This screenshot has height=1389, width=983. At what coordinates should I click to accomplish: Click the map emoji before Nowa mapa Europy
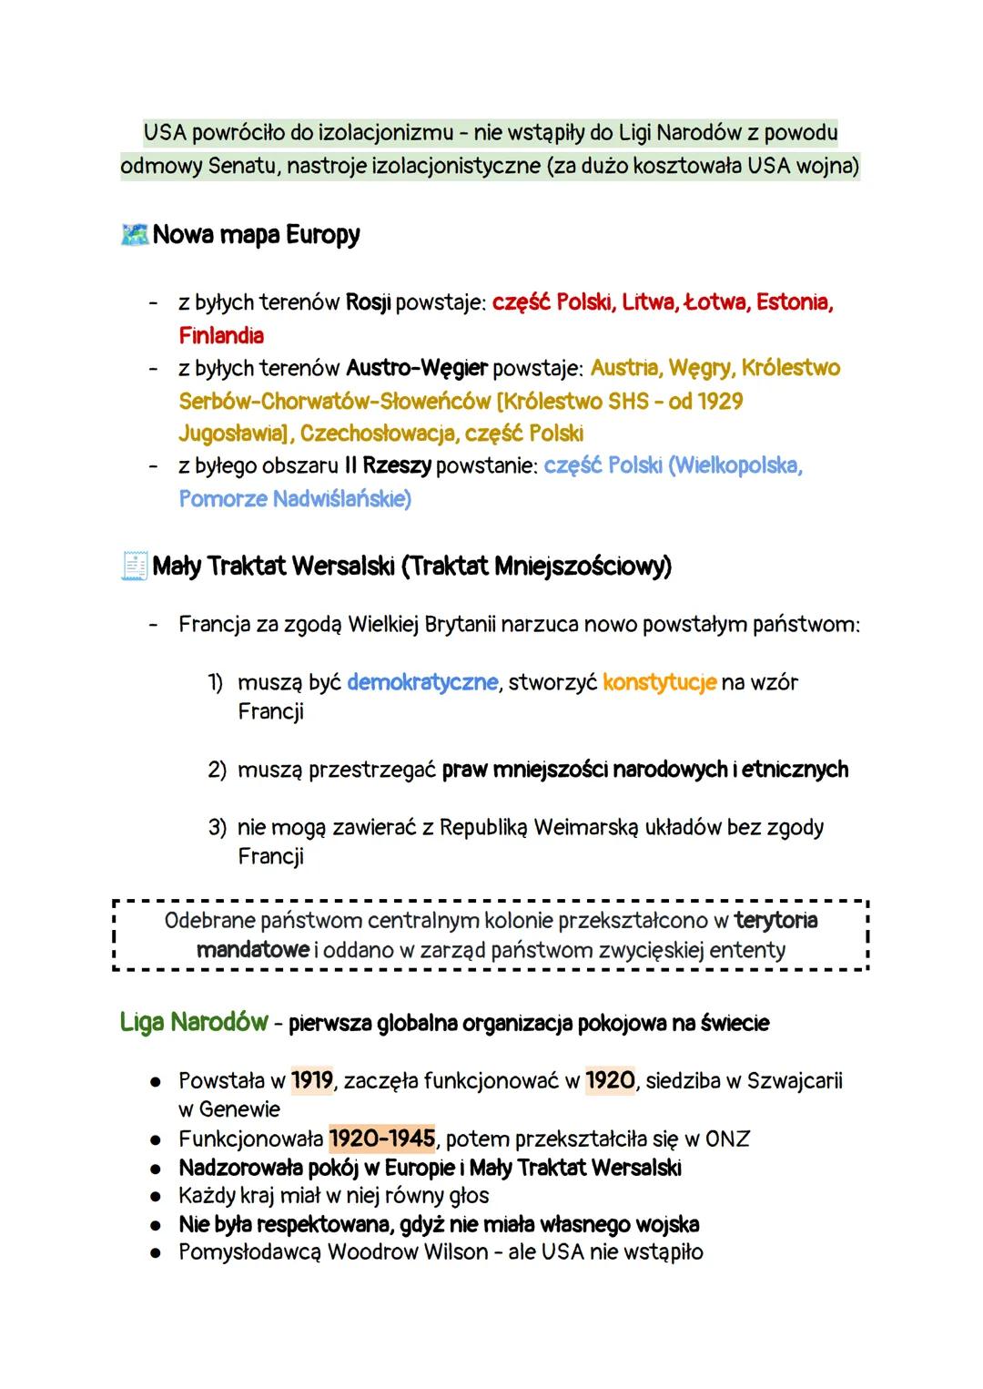tap(134, 235)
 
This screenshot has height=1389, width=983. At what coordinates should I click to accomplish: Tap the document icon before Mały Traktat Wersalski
tap(134, 567)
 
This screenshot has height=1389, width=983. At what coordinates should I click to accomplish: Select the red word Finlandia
tap(221, 335)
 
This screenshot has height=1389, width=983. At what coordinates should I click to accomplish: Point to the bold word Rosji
tap(368, 302)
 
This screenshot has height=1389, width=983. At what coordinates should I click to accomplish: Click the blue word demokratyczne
tap(422, 682)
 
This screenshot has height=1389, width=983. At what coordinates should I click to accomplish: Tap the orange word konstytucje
tap(660, 682)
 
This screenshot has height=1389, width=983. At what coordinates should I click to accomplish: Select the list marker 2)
tap(217, 770)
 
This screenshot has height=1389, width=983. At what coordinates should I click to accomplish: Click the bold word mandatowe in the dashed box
tap(252, 950)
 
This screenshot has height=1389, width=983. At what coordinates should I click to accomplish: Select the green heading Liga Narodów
tap(194, 1023)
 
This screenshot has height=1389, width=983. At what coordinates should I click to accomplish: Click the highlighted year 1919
tap(312, 1081)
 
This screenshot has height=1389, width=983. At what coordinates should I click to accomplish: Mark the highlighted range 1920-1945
tap(381, 1139)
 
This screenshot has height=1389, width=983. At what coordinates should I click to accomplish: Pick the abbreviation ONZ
tap(727, 1139)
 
